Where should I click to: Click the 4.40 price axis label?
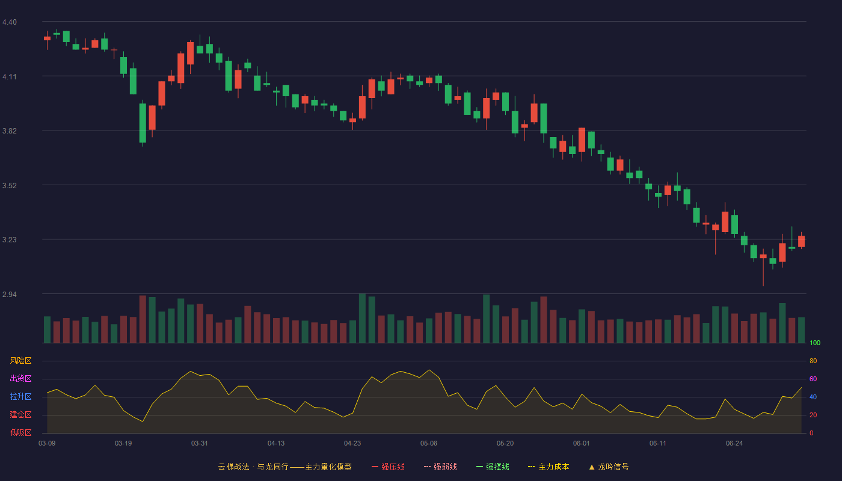pos(10,22)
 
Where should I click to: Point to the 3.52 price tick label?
pos(10,186)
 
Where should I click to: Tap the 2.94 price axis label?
pos(10,294)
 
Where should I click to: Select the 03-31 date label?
pos(199,444)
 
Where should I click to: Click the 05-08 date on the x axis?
pos(428,444)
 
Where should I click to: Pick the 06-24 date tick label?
pos(734,444)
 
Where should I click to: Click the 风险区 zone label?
pos(20,361)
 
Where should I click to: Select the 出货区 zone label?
pos(20,378)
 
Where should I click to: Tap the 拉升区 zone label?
pos(20,396)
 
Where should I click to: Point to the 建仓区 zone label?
pos(20,414)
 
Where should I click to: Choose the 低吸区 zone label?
pos(20,432)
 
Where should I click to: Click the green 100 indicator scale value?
pos(815,343)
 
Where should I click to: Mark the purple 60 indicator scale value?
pos(813,379)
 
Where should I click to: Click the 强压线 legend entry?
pos(388,467)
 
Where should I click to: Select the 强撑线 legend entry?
pos(493,467)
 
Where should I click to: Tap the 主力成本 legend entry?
pos(549,467)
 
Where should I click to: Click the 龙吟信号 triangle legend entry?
pos(609,467)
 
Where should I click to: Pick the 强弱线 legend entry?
pos(440,467)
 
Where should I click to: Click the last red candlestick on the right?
pos(801,241)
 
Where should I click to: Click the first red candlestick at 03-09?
pos(47,38)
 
